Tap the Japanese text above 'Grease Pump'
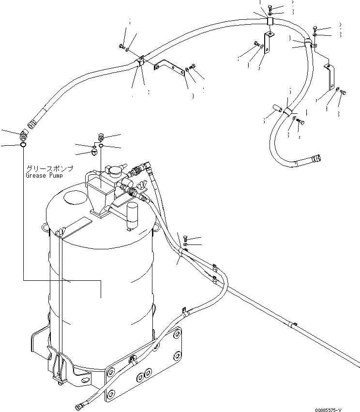coord(49,168)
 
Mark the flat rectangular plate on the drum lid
coord(75,227)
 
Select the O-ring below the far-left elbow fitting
coord(23,143)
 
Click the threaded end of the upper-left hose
coord(35,123)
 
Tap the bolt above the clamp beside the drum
coord(187,238)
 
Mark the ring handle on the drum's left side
coord(45,227)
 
